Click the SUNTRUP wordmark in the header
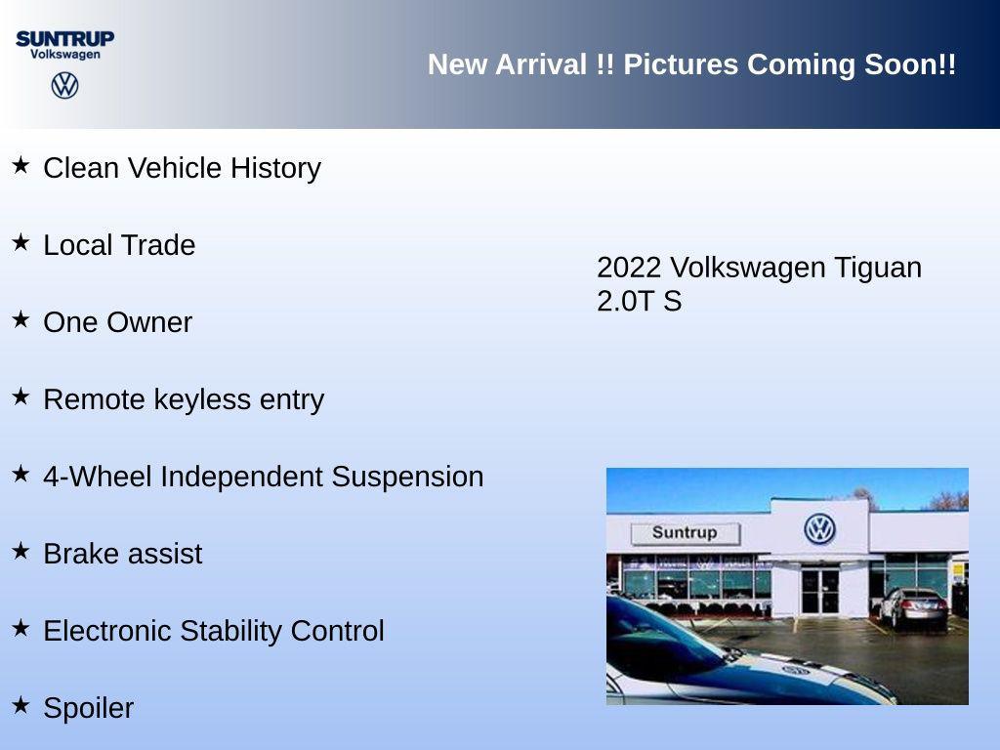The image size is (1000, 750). point(64,38)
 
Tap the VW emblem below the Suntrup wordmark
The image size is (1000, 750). point(64,85)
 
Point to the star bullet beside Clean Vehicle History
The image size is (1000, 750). point(21,165)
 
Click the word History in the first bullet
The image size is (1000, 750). point(275,168)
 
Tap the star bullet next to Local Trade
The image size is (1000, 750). point(21,242)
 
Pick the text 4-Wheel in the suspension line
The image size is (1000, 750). point(98,477)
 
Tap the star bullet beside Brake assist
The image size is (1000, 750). point(21,551)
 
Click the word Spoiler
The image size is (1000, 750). point(88,708)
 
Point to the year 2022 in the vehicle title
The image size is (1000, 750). point(629,268)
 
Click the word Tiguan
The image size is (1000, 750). point(877,268)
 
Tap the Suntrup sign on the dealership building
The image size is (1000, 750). point(685,533)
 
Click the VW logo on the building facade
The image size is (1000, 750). point(819,529)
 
